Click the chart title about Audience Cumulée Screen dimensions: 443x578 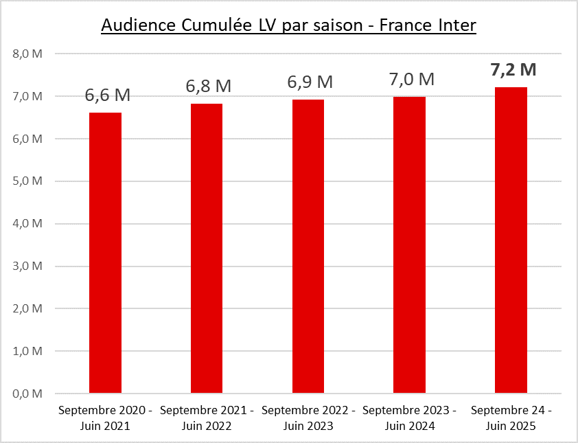[288, 25]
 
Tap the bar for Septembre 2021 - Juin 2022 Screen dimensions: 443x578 [207, 249]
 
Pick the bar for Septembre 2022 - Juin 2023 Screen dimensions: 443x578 [308, 247]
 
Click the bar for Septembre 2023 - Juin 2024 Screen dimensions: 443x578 [409, 245]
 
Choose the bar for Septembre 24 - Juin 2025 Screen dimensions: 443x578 [511, 240]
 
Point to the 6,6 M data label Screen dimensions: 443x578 [107, 96]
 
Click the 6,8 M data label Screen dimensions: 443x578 [208, 87]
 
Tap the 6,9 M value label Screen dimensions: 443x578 [310, 82]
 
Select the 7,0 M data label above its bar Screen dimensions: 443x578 [411, 79]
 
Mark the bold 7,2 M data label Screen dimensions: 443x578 [513, 69]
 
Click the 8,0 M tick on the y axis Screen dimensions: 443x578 [27, 54]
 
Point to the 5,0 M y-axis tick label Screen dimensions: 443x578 [27, 181]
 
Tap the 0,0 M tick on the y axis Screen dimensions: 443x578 [27, 394]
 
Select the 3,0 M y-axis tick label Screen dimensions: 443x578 [27, 266]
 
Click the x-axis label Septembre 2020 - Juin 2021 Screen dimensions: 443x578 [105, 418]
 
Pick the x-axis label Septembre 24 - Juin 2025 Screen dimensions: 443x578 [511, 418]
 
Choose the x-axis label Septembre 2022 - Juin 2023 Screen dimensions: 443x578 [308, 418]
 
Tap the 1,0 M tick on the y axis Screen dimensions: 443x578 [27, 352]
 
